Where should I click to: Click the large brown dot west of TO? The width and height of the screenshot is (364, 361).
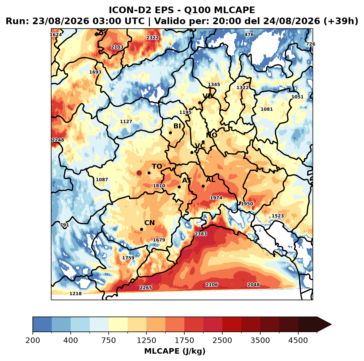[139, 173]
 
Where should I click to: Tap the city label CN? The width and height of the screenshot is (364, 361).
[149, 223]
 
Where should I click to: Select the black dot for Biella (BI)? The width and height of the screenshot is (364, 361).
[170, 133]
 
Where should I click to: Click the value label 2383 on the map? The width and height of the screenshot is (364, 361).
[201, 234]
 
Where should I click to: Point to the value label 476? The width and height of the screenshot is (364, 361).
[249, 35]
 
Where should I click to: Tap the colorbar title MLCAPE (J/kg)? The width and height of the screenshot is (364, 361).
[175, 351]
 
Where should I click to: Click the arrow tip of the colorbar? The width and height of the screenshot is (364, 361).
[331, 325]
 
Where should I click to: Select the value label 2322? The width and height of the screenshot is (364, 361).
[152, 38]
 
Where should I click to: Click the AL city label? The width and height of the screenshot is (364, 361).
[211, 179]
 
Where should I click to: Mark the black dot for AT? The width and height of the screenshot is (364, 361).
[179, 187]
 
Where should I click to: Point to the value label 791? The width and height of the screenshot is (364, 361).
[64, 225]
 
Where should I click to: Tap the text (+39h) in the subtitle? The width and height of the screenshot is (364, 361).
[341, 21]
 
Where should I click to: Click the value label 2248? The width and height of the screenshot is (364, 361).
[58, 140]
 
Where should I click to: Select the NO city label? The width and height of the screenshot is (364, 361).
[212, 135]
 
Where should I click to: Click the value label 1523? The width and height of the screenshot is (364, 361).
[278, 216]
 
